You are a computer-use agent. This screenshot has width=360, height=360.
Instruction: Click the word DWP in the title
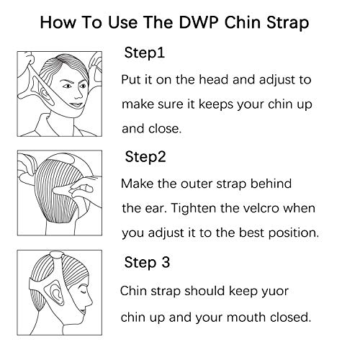click(199, 22)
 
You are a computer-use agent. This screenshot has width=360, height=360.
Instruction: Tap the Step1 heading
click(145, 53)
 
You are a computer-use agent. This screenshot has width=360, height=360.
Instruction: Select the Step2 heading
click(145, 157)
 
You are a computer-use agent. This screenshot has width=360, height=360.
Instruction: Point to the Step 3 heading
click(147, 262)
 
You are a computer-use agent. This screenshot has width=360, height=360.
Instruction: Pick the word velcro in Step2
click(261, 208)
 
